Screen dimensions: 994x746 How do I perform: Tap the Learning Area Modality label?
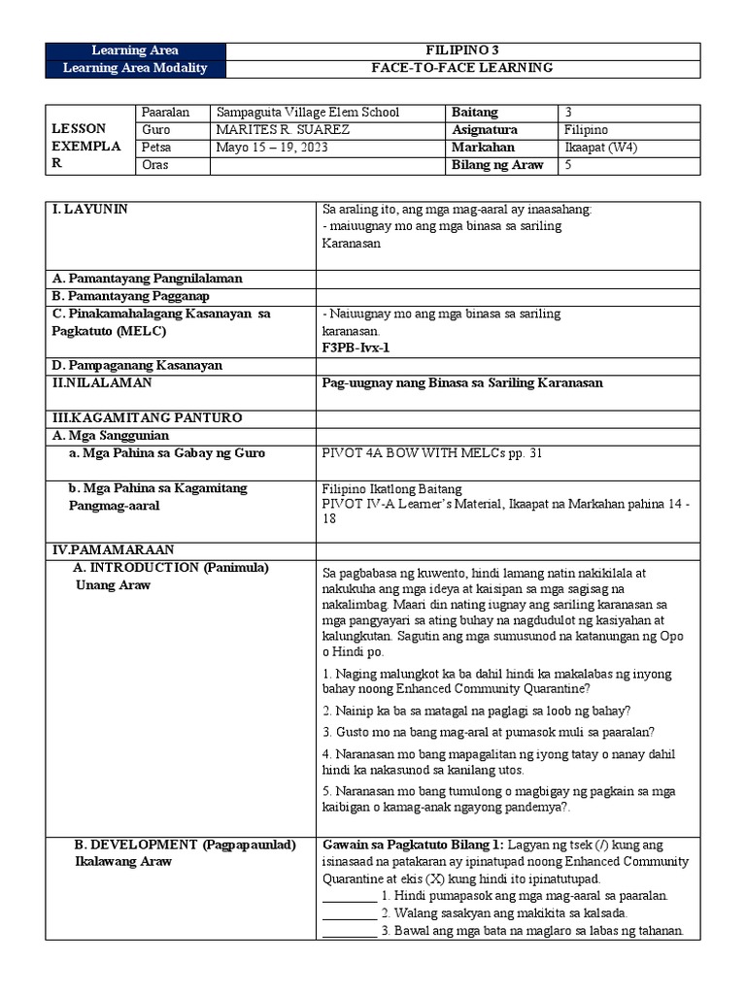[x=135, y=68]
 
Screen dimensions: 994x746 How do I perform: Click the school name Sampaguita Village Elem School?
[x=308, y=113]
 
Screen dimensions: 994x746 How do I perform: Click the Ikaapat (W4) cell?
[x=600, y=148]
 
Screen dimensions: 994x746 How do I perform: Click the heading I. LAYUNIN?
[x=89, y=209]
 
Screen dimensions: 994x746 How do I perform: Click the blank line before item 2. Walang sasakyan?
[x=349, y=914]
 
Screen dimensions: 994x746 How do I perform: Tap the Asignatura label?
[x=485, y=130]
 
